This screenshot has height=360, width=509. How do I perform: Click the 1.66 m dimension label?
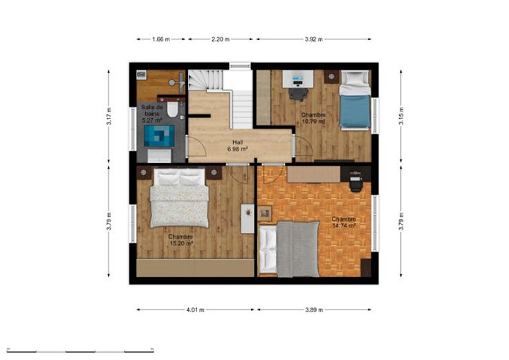(x=161, y=39)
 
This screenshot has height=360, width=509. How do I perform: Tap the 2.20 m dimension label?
(x=221, y=39)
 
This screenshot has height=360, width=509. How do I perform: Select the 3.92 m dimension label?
(x=313, y=39)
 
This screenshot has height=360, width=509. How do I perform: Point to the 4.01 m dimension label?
(x=196, y=310)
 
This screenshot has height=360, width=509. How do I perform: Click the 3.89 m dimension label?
(x=314, y=310)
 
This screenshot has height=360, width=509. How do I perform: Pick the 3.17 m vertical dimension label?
(x=109, y=116)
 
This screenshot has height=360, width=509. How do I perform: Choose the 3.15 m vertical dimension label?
(x=402, y=116)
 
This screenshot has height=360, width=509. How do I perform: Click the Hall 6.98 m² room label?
(x=238, y=146)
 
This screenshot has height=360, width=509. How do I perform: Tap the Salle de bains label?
(x=151, y=111)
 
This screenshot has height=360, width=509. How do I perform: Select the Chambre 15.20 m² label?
(x=181, y=240)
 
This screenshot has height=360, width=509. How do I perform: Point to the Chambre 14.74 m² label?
(x=344, y=222)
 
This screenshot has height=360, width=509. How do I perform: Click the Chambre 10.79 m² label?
(x=313, y=118)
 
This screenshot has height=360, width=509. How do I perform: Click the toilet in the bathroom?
(x=172, y=109)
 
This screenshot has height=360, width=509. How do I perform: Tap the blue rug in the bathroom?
(x=159, y=136)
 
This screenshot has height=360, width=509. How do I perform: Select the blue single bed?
(x=355, y=100)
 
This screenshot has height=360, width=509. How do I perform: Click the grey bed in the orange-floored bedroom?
(x=290, y=249)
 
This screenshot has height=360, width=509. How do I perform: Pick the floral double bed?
(x=179, y=198)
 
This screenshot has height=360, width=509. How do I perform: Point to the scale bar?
(x=80, y=351)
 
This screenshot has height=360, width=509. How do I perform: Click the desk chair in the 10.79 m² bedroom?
(x=298, y=94)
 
